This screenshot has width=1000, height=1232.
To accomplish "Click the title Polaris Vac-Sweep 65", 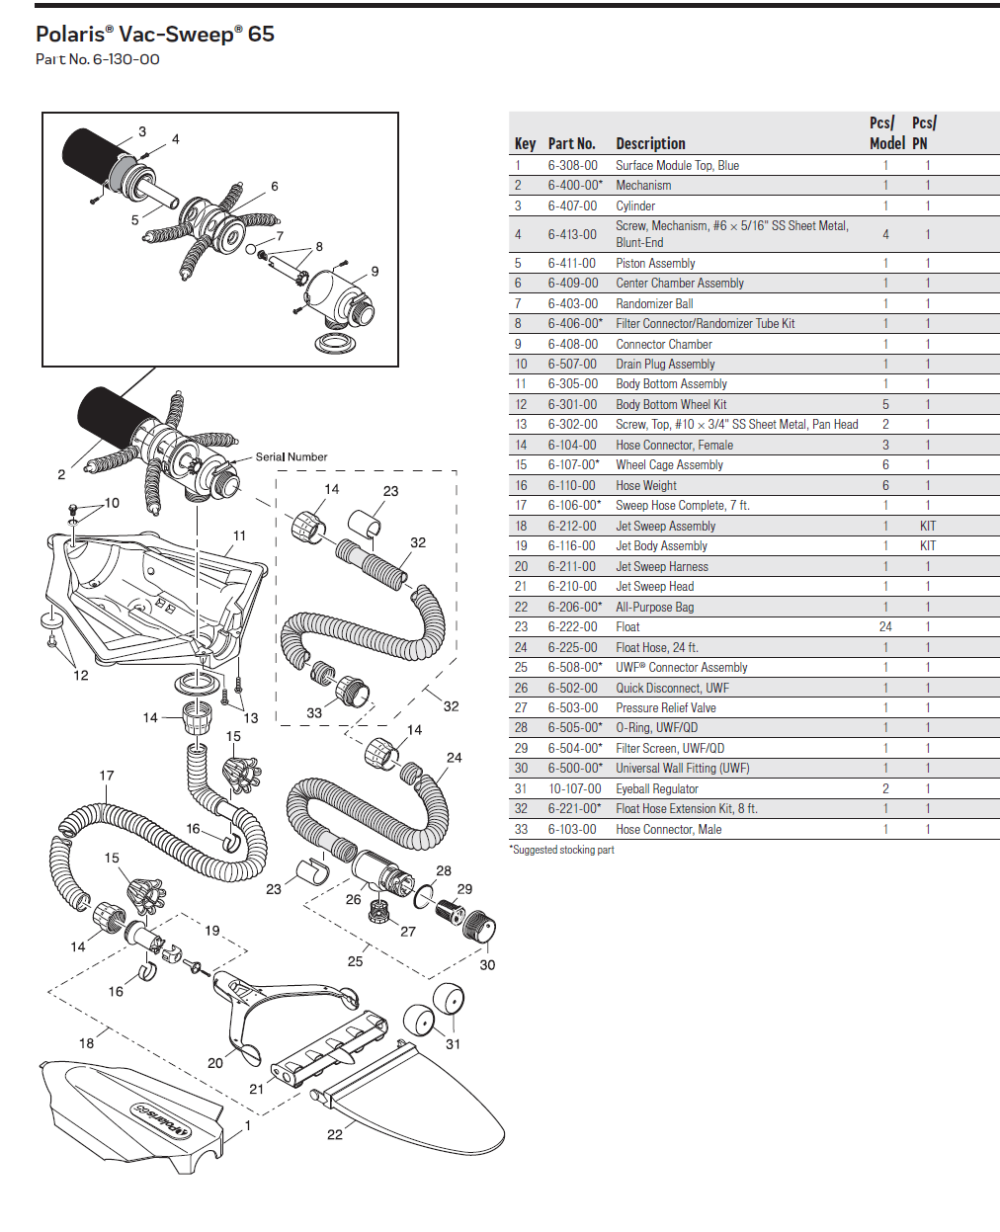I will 154,35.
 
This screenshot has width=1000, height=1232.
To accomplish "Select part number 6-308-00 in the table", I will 572,166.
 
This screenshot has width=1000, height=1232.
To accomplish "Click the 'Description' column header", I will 650,144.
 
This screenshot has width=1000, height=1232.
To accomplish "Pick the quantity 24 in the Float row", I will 885,627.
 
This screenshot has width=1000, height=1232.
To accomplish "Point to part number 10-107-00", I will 574,789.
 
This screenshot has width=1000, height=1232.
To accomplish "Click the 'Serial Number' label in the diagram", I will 292,457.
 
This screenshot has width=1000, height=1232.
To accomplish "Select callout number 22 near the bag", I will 335,1134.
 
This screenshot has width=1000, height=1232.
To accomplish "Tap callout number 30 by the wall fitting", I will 487,965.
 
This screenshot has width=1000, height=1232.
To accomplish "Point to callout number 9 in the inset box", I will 375,272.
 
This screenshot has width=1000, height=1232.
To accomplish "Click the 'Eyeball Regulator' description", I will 656,789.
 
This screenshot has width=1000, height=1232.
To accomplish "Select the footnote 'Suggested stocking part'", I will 562,850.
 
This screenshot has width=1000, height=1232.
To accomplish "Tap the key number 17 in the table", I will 521,506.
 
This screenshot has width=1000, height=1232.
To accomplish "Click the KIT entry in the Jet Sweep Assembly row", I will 927,527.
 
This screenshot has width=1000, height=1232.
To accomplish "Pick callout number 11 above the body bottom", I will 239,535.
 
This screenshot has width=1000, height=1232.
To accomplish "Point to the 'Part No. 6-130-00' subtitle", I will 97,59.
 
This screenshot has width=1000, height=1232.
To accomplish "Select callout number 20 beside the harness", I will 215,1063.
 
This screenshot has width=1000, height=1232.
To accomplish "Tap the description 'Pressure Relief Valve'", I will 665,708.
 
